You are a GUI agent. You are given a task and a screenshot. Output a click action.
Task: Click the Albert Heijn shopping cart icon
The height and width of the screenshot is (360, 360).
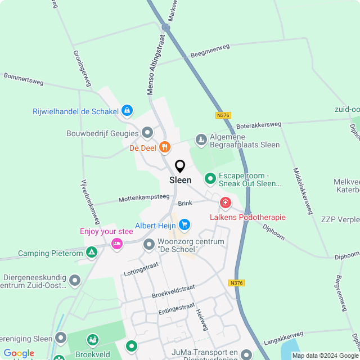click(x=184, y=226)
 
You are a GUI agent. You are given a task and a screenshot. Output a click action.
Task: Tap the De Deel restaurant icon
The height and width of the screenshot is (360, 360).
click(x=164, y=147)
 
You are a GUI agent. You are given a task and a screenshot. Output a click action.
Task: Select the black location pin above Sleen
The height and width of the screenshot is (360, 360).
click(x=180, y=166)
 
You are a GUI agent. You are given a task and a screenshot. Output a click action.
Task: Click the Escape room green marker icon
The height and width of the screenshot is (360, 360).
click(x=210, y=179)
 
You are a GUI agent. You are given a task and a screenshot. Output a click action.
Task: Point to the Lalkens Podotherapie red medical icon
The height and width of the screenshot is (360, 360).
click(x=226, y=202)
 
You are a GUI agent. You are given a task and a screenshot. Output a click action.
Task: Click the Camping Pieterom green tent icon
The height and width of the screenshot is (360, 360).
click(x=91, y=253)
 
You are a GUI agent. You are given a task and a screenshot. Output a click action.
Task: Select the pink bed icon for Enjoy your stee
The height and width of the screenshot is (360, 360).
click(x=117, y=243)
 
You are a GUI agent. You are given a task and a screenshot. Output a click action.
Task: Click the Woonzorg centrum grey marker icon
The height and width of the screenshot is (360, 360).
click(x=149, y=244)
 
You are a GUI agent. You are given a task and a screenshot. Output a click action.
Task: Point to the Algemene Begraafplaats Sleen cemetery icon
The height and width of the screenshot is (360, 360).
click(x=201, y=139)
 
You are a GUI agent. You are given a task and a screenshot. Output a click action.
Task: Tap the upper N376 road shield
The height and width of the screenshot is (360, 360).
click(x=223, y=115)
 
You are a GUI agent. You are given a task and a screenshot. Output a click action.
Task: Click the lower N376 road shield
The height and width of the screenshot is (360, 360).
click(x=237, y=283)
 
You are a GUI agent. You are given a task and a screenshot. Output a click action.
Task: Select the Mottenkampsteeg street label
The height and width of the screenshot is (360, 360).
click(x=144, y=198)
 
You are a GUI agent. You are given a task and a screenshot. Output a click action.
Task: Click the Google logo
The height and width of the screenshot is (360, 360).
click(x=19, y=353)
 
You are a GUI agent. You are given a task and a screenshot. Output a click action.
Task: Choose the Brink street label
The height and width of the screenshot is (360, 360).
click(x=185, y=203)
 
